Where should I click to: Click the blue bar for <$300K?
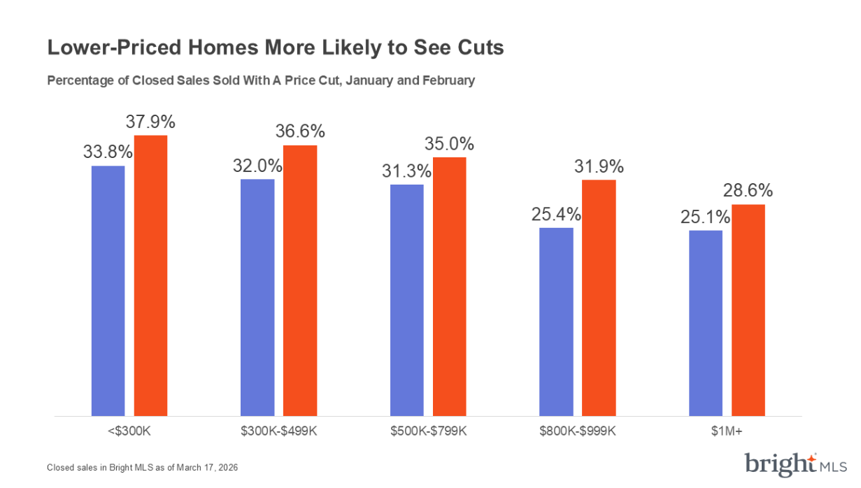(x=108, y=290)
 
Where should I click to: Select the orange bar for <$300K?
(x=151, y=275)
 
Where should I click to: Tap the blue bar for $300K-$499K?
(x=257, y=297)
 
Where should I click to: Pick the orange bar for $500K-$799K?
(x=450, y=287)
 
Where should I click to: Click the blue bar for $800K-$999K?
(x=556, y=322)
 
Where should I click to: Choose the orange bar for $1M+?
(x=748, y=310)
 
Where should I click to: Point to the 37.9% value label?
(x=150, y=122)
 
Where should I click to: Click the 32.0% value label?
(x=257, y=166)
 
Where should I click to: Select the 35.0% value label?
(x=450, y=144)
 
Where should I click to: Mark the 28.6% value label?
(x=748, y=191)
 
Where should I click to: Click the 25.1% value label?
(x=705, y=217)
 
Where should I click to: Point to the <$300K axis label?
(x=129, y=431)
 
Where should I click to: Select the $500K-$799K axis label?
(x=428, y=431)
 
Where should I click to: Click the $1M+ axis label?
(x=727, y=431)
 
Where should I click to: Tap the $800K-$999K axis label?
(x=578, y=431)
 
